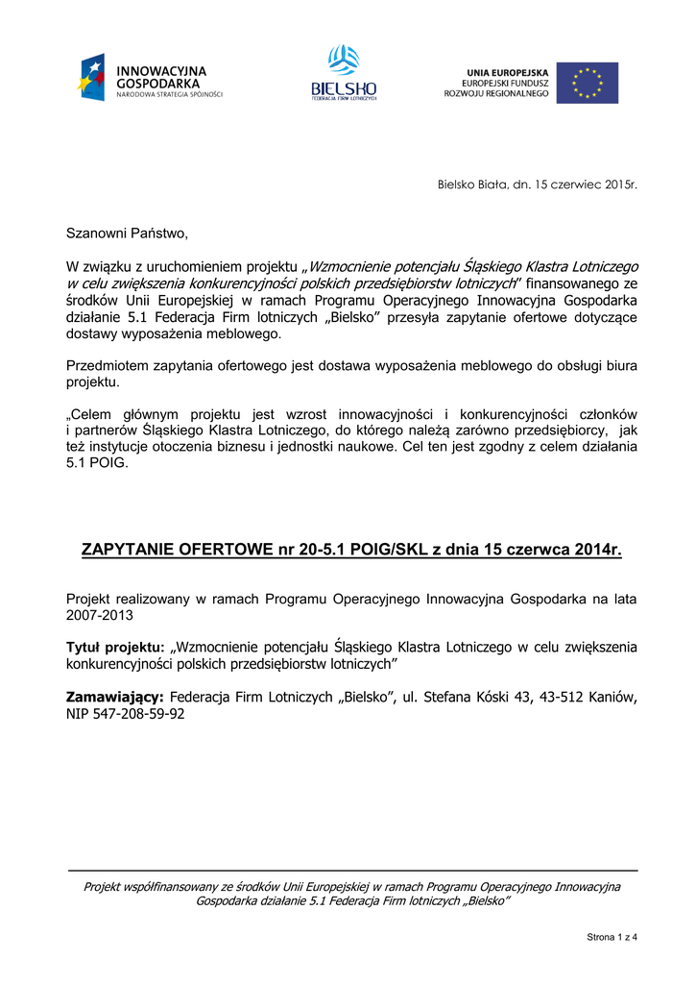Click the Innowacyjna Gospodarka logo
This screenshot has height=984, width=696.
[x=150, y=79]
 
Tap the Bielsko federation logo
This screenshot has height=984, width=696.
[x=344, y=74]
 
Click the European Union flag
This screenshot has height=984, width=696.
[x=587, y=83]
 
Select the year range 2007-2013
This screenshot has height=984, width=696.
[x=100, y=615]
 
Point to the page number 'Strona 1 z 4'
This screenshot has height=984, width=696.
[x=611, y=937]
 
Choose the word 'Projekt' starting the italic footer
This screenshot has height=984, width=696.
[x=103, y=887]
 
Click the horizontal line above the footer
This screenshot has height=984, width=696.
[x=351, y=871]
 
